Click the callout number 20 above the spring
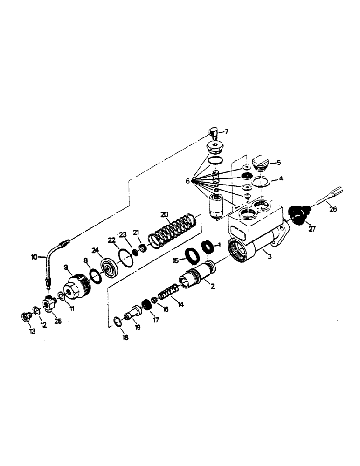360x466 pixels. [x=164, y=215]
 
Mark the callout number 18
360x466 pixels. [x=125, y=337]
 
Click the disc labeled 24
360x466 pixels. [x=111, y=271]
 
